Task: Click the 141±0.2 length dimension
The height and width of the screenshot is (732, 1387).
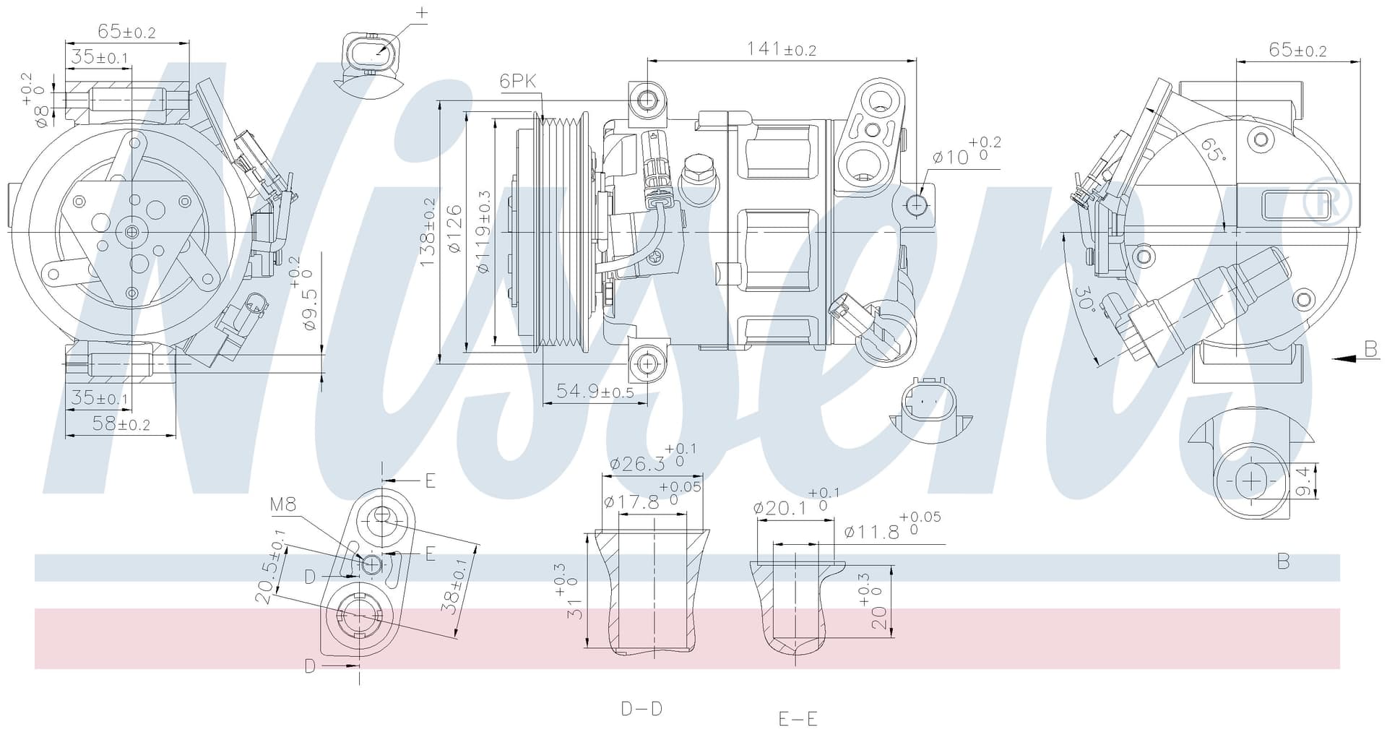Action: coord(781,48)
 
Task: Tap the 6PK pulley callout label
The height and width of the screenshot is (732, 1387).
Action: coord(518,81)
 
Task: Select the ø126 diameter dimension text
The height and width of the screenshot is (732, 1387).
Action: coord(454,229)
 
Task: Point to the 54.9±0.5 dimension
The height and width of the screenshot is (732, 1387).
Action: coord(595,391)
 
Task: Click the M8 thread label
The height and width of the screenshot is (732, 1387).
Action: coord(283,504)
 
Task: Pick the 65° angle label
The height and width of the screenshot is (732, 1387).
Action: coord(1214,149)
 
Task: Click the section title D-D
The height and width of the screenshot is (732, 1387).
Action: coord(641,708)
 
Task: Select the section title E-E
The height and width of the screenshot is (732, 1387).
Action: coord(798,718)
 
